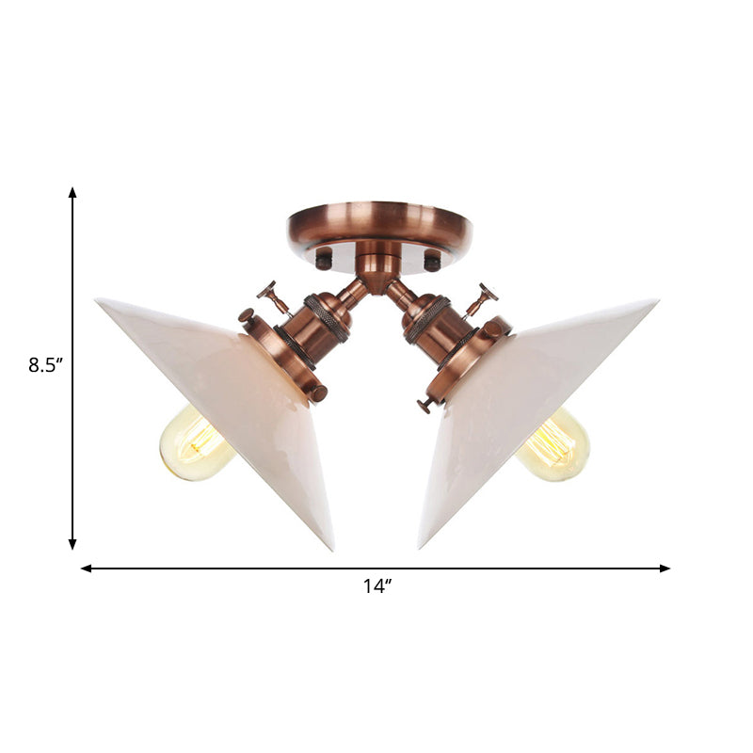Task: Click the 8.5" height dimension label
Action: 44,365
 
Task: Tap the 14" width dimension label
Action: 376,586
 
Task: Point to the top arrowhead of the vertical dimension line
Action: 72,192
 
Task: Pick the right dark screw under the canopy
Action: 432,262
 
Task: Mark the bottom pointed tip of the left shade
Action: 331,549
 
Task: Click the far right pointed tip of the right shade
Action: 655,302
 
